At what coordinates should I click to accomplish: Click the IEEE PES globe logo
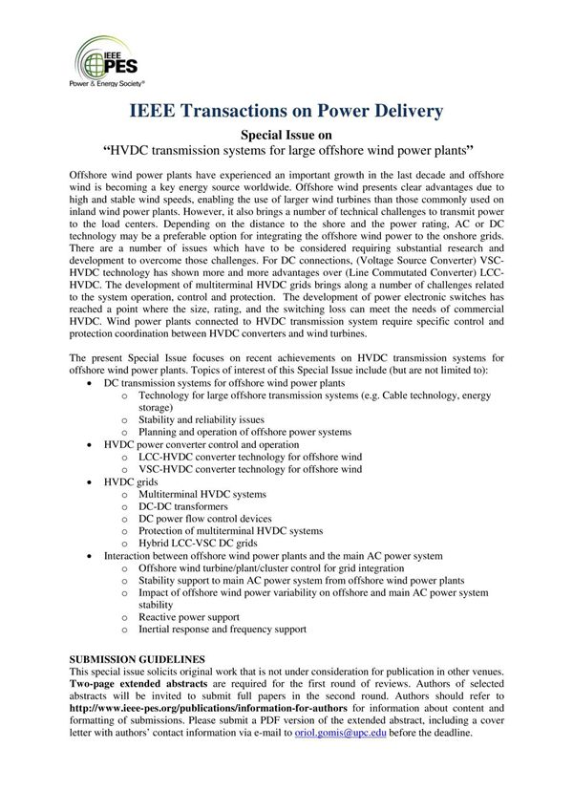click(x=97, y=58)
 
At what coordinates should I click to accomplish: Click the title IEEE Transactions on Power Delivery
click(x=286, y=112)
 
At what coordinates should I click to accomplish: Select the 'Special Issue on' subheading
click(x=286, y=136)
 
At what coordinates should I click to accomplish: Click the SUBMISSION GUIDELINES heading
click(x=138, y=660)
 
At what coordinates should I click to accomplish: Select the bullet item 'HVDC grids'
click(x=131, y=482)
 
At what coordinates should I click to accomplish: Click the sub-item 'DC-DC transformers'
click(x=192, y=506)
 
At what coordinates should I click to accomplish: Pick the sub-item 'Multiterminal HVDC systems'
click(x=202, y=495)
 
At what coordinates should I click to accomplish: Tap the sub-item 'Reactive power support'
click(x=189, y=617)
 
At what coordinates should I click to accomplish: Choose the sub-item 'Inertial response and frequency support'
click(x=223, y=630)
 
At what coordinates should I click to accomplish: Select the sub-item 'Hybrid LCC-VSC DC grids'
click(x=199, y=543)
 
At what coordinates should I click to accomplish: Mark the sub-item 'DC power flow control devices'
click(x=205, y=519)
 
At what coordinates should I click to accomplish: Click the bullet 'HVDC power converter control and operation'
click(x=202, y=444)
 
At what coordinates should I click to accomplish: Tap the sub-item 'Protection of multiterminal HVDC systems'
click(x=231, y=530)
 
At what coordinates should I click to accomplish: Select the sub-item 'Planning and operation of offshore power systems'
click(x=245, y=432)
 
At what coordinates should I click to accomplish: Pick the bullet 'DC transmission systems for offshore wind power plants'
click(x=224, y=382)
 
